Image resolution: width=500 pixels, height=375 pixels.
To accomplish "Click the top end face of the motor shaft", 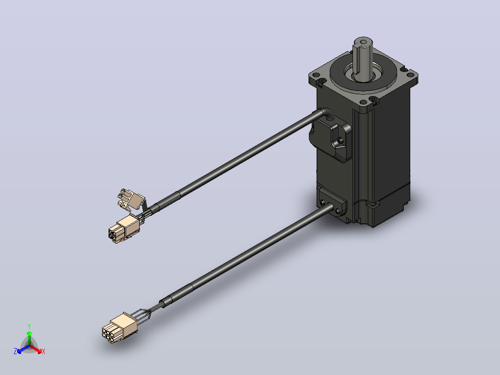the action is [363, 41].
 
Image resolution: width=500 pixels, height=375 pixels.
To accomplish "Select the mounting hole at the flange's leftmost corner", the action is [316, 75].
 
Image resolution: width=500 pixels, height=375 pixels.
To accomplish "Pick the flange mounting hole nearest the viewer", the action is [364, 103].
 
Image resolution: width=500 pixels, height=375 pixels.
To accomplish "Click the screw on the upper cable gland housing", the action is [340, 140].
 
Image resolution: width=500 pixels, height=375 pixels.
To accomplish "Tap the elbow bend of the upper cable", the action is [326, 113].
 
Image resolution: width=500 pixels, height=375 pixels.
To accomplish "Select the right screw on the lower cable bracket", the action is [338, 211].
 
